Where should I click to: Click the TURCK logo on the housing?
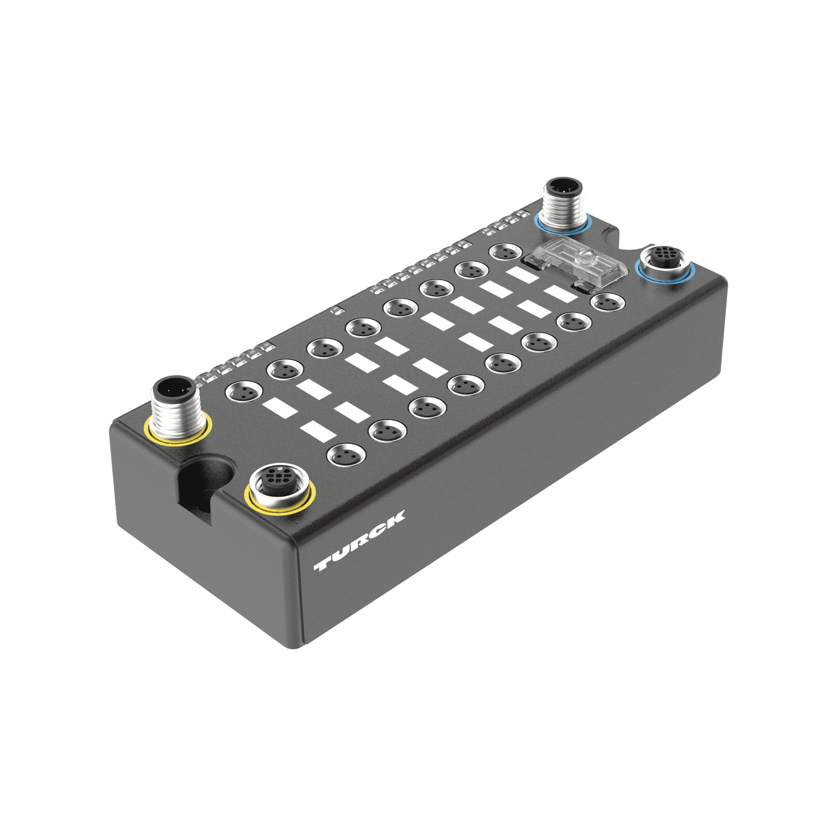359,540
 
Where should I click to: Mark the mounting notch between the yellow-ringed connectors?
202,482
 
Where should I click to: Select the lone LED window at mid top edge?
336,309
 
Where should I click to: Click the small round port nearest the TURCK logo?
345,456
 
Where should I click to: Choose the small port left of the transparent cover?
506,252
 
